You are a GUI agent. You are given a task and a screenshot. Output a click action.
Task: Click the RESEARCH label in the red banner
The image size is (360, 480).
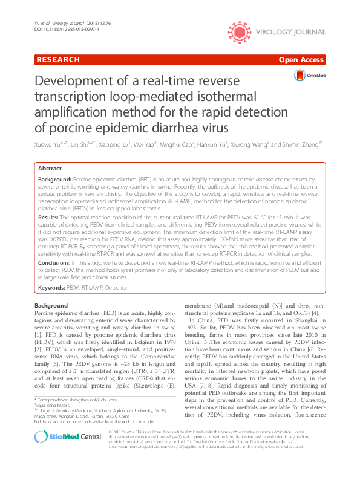57,60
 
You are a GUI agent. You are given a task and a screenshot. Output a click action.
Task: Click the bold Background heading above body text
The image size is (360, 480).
51,306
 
